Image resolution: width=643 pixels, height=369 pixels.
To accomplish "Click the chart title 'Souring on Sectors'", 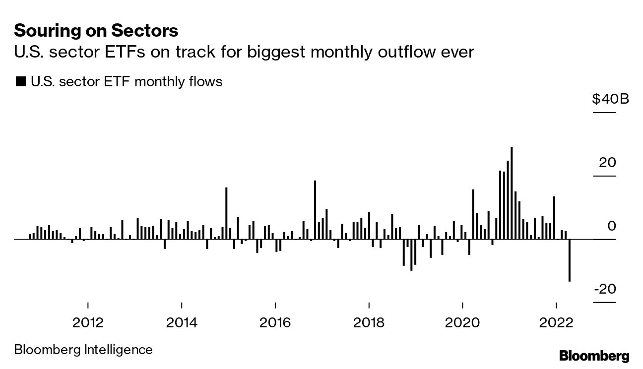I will pos(96,31).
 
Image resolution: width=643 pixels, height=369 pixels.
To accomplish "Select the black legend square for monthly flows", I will pos(21,82).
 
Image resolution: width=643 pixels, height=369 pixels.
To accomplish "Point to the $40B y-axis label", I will pos(610,99).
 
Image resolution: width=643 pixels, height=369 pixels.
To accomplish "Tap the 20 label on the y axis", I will pos(607,162).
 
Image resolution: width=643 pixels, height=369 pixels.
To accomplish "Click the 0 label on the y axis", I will pos(611,226).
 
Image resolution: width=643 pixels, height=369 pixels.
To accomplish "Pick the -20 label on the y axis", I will pos(605,289).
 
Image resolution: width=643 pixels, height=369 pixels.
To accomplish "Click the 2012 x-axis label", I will pos(88,323).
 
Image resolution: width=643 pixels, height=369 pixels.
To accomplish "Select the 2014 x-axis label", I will pos(182,323).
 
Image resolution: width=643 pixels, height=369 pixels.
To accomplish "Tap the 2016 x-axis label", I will pos(275,323).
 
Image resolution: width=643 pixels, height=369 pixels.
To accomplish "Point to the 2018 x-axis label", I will pos(369,323).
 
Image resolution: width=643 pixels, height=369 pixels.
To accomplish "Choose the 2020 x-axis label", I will pos(463,323).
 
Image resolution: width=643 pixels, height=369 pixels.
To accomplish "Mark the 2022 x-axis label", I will pos(556,323).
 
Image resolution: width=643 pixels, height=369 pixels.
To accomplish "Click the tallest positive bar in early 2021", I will pos(512,193).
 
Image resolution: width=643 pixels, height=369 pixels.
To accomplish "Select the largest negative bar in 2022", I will pos(569,260).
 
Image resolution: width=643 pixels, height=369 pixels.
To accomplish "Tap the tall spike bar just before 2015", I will pos(226,213).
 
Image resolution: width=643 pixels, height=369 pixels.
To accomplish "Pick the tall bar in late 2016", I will pos(315,210).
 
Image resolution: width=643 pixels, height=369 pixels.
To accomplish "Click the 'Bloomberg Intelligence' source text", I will pos(83,350).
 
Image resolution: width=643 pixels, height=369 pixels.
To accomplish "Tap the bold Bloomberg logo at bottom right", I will pos(594,356).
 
